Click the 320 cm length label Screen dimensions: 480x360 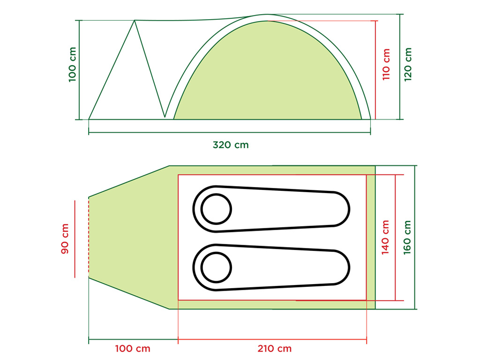231,145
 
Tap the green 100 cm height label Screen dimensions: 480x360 72,64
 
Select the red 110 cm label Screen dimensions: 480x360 386,64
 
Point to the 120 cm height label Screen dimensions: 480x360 407,64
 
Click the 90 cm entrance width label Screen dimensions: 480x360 65,239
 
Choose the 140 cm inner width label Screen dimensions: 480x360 385,237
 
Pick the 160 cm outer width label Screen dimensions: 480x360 407,237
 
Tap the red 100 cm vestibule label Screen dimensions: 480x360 133,348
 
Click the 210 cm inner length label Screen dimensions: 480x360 274,348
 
